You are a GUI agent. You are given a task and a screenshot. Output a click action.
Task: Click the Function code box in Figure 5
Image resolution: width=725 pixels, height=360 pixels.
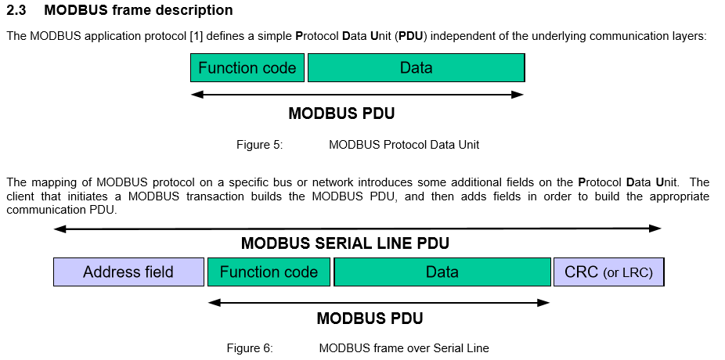click(x=247, y=68)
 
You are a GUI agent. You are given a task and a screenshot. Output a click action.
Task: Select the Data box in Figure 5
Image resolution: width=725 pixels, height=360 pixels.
click(x=416, y=68)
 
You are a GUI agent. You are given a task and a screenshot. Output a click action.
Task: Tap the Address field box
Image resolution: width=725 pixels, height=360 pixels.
click(x=128, y=272)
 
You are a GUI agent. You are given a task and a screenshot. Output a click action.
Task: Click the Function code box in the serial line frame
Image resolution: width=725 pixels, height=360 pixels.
click(x=269, y=272)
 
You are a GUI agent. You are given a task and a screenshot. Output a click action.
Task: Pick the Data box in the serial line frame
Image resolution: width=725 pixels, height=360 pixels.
click(x=442, y=272)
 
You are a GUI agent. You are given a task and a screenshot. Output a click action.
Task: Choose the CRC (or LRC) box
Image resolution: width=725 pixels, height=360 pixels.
click(x=608, y=272)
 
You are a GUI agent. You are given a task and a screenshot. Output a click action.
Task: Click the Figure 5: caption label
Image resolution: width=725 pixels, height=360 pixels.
click(x=259, y=145)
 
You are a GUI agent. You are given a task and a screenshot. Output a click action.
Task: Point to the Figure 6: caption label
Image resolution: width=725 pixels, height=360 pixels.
click(x=250, y=348)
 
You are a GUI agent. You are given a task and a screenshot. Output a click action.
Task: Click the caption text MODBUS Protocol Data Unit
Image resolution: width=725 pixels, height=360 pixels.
click(x=404, y=145)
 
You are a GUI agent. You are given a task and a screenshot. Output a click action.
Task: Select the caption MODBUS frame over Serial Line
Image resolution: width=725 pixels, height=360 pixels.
click(x=404, y=348)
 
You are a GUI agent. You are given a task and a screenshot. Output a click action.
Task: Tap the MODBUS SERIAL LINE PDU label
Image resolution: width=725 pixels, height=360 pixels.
click(x=345, y=243)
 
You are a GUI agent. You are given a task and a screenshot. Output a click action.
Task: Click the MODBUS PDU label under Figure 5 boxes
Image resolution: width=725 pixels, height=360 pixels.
click(x=341, y=113)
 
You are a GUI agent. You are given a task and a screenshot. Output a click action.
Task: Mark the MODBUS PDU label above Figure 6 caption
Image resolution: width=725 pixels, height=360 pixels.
click(x=370, y=319)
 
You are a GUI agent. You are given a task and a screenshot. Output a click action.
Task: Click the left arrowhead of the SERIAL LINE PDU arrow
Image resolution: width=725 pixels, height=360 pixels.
click(x=59, y=229)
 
